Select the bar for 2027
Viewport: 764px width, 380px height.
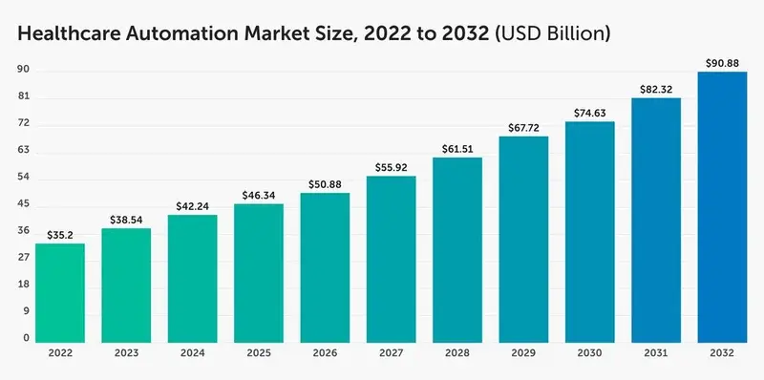392,259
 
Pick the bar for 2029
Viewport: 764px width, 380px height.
524,239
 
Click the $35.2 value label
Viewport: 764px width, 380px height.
60,233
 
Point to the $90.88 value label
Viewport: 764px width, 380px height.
723,62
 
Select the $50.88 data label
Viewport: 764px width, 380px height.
325,183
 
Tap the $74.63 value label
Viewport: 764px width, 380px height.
590,112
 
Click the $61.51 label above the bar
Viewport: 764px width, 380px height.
457,148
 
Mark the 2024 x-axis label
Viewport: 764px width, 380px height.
193,354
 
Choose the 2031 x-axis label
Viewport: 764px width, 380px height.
656,354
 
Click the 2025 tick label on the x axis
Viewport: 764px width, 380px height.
259,354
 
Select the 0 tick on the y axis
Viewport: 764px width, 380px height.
25,338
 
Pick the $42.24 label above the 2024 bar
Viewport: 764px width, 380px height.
193,205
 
